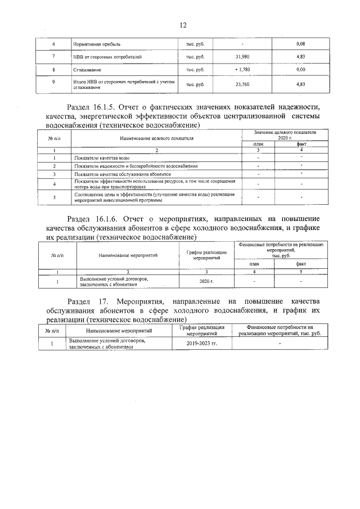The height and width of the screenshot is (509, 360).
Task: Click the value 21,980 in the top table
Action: pyautogui.click(x=242, y=57)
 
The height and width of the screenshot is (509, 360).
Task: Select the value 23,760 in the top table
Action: pyautogui.click(x=242, y=84)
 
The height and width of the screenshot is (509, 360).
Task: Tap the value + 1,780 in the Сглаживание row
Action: pyautogui.click(x=242, y=70)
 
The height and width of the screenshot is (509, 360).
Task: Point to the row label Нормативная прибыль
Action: pyautogui.click(x=97, y=44)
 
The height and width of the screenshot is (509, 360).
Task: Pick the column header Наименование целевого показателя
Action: pyautogui.click(x=156, y=137)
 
